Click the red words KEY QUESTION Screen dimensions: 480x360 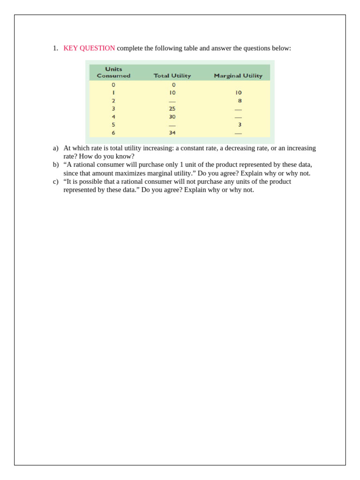[89, 48]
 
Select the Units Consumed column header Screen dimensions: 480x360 [113, 72]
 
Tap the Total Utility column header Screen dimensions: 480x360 [172, 76]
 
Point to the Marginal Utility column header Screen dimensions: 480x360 [238, 76]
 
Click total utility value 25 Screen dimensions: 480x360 [172, 109]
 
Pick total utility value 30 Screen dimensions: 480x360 [172, 117]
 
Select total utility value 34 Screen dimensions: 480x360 [172, 133]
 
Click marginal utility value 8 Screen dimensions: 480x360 [240, 101]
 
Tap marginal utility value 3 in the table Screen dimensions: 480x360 [240, 125]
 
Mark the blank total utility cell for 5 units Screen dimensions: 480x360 [172, 126]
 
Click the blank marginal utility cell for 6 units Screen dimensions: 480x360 [238, 134]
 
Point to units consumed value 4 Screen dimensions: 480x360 [113, 117]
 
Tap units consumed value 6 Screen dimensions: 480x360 [113, 133]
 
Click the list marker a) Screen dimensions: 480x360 [55, 148]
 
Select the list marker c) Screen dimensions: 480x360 [55, 182]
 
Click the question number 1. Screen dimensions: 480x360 [55, 48]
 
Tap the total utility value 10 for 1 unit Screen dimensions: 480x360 [172, 93]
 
